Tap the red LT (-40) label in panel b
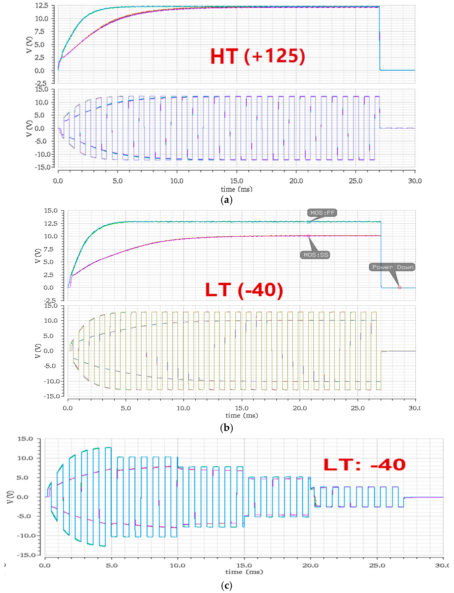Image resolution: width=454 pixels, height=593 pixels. pyautogui.click(x=244, y=290)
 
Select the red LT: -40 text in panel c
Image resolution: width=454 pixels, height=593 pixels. pyautogui.click(x=364, y=465)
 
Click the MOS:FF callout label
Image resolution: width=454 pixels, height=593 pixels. pyautogui.click(x=322, y=213)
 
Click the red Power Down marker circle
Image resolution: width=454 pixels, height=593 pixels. pyautogui.click(x=399, y=288)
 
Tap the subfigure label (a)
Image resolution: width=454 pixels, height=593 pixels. pyautogui.click(x=227, y=200)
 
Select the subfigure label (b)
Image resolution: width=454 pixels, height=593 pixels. pyautogui.click(x=227, y=428)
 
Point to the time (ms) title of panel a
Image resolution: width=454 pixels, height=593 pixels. pyautogui.click(x=237, y=189)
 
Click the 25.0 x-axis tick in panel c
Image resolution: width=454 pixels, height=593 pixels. pyautogui.click(x=377, y=565)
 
